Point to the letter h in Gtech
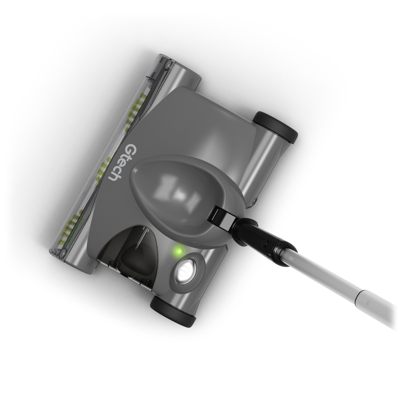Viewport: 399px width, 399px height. [113, 177]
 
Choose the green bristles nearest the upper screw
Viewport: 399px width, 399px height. [139, 104]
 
